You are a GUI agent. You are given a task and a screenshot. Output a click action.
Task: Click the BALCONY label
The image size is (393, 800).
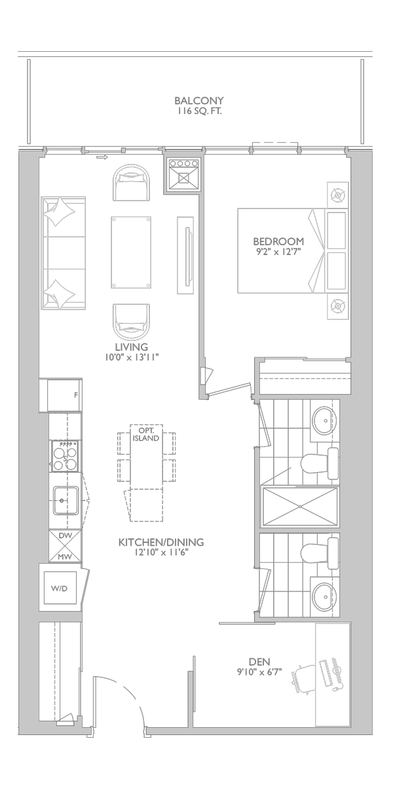point(199,101)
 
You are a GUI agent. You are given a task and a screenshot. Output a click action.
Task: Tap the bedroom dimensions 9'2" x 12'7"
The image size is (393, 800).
point(278,252)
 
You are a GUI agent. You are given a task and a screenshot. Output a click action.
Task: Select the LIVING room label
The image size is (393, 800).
point(132,347)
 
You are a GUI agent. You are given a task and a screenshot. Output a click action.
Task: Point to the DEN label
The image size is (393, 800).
point(259,662)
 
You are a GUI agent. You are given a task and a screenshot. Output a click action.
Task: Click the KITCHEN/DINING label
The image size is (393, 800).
point(161,542)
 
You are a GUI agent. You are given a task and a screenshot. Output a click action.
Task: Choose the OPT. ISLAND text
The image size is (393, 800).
point(146,435)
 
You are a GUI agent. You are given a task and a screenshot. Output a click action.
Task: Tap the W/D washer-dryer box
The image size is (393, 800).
point(60,588)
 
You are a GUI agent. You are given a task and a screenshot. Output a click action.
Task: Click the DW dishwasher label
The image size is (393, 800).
point(65,535)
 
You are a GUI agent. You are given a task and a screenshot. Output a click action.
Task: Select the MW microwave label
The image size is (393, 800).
point(65,557)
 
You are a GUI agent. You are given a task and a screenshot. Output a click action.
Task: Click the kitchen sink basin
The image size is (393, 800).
point(66,501)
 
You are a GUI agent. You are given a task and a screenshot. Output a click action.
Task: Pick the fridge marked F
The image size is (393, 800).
point(65,395)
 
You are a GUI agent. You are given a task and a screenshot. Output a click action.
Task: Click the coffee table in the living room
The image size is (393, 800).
point(131,252)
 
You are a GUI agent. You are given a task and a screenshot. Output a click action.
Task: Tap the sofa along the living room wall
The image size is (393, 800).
point(64,253)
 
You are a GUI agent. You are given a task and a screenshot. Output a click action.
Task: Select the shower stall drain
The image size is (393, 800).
point(300,507)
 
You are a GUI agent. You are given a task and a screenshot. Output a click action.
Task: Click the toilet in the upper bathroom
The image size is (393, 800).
point(319,463)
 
